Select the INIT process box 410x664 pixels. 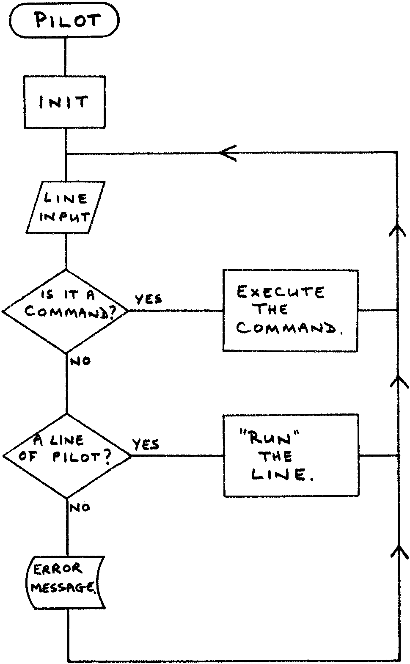click(x=64, y=102)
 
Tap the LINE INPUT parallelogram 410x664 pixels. click(x=66, y=207)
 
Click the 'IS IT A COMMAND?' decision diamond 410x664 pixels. click(x=66, y=311)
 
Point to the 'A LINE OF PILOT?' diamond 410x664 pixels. click(x=67, y=456)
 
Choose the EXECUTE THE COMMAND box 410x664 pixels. click(x=290, y=310)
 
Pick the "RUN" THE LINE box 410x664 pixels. click(x=291, y=455)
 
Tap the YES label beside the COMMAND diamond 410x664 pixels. click(x=149, y=299)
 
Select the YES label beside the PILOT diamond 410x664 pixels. click(x=146, y=444)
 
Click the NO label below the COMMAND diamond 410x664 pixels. click(x=80, y=361)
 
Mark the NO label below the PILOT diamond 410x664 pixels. click(x=80, y=507)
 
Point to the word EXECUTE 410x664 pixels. click(x=281, y=292)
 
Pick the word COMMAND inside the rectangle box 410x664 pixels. click(x=289, y=328)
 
